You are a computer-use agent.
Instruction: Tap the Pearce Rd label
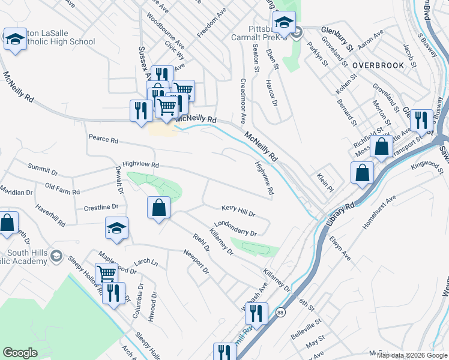click(103, 139)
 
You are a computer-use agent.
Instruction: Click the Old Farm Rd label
click(62, 188)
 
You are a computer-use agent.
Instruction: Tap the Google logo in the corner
click(20, 352)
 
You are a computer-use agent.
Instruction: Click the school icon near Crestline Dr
click(116, 228)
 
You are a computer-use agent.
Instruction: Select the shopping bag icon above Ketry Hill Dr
click(158, 208)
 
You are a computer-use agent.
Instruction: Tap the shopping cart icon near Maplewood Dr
click(106, 274)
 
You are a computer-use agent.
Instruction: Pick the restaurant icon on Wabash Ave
click(256, 313)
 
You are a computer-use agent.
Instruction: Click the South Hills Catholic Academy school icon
click(56, 257)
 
